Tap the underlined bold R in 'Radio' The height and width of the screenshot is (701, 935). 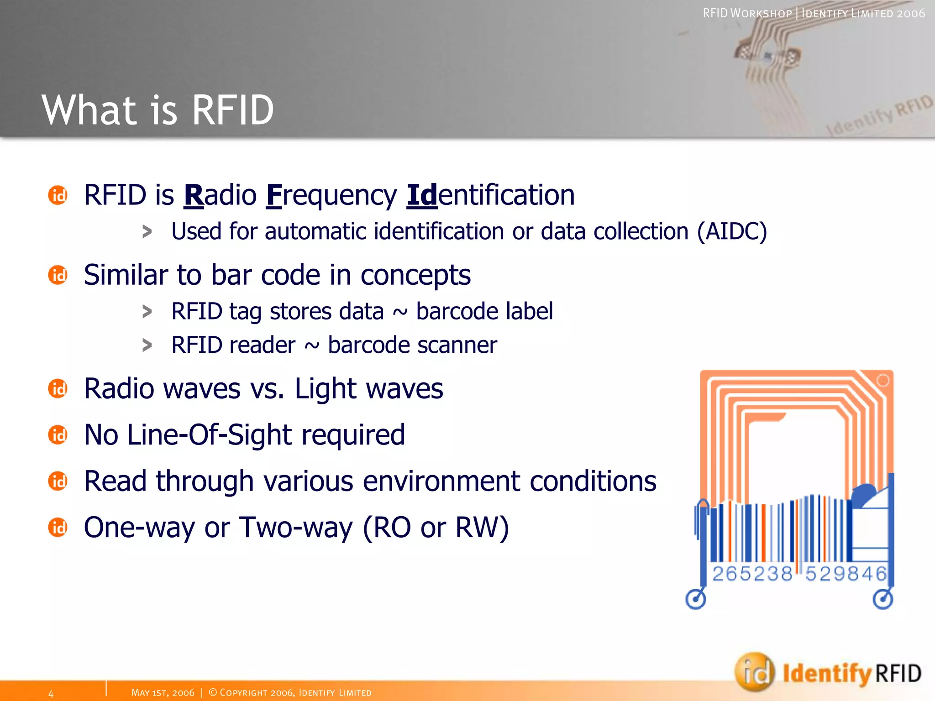(x=194, y=195)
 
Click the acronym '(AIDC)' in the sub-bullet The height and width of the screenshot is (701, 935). (x=731, y=231)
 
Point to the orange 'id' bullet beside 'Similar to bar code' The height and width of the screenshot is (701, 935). (x=58, y=275)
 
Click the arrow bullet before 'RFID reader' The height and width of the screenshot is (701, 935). (x=147, y=345)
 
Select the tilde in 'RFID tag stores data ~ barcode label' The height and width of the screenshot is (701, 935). (x=399, y=313)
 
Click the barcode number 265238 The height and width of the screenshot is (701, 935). (x=752, y=574)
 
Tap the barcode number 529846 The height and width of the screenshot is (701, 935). (x=846, y=574)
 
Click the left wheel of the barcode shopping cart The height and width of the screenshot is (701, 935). (x=696, y=599)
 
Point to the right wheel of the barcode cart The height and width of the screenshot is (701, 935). (x=882, y=599)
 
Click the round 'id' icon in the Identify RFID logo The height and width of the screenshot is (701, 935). (x=754, y=672)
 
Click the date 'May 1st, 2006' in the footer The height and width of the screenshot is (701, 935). (x=163, y=693)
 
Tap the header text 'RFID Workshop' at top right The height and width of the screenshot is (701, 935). (x=747, y=13)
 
